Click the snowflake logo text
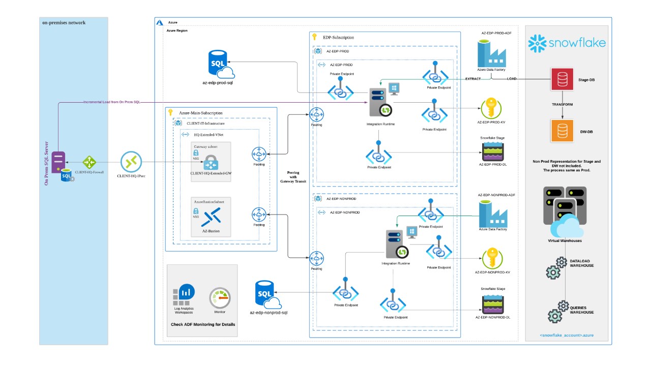[x=576, y=43]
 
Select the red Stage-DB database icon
[x=563, y=79]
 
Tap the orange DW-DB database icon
[x=563, y=131]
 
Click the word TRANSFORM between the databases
[x=563, y=105]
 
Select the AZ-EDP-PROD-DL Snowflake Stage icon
[x=492, y=150]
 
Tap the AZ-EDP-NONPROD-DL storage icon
[x=492, y=303]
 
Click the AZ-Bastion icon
[x=211, y=217]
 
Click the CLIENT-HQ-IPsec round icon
[x=131, y=162]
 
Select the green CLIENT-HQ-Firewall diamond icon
[x=90, y=162]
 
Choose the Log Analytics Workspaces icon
[x=184, y=294]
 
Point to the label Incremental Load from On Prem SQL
[x=111, y=102]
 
